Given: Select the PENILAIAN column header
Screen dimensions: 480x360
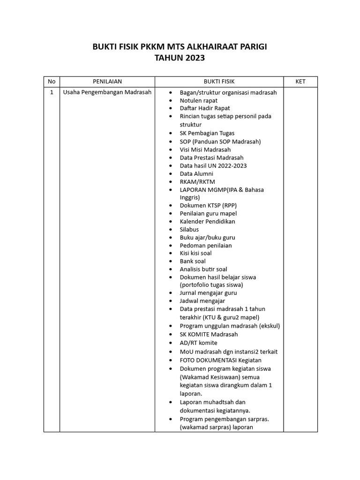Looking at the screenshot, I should click(107, 82).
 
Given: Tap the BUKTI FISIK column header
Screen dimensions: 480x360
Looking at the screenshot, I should click(219, 82).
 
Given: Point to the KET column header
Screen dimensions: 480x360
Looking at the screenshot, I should click(300, 82).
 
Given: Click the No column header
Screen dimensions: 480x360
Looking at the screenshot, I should click(51, 82).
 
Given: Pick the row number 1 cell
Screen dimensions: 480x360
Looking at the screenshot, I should click(51, 92).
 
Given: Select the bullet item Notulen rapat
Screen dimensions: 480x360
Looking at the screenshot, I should click(198, 100).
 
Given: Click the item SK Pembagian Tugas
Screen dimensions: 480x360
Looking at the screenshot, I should click(207, 133).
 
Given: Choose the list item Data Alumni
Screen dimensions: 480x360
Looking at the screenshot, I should click(196, 173).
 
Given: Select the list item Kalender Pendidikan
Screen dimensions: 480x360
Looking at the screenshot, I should click(207, 221).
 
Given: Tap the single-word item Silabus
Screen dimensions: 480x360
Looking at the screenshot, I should click(189, 229).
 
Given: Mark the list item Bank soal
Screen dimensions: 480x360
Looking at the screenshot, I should click(193, 261).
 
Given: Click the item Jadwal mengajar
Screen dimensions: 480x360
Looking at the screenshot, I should click(202, 301).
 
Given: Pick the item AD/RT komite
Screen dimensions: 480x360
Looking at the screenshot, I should click(199, 343).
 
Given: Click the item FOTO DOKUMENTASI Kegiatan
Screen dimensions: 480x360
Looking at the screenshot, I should click(220, 360).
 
